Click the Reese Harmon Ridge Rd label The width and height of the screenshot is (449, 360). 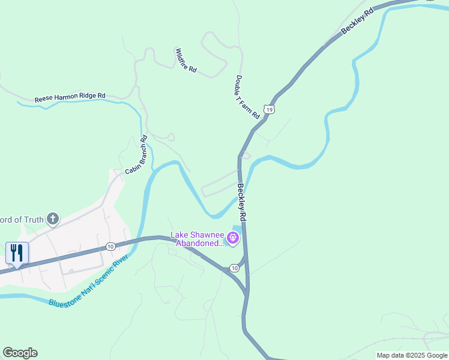pos(70,96)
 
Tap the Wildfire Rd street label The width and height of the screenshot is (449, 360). pos(186,61)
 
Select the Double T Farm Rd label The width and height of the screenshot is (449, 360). pos(247,97)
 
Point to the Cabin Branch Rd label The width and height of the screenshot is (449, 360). pos(136,155)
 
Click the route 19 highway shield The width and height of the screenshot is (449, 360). pos(271,109)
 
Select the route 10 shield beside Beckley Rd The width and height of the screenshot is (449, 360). pos(235,268)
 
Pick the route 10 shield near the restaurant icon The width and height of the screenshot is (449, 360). pos(110,247)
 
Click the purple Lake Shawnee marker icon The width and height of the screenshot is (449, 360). pos(233,239)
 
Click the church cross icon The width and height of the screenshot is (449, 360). pos(53,219)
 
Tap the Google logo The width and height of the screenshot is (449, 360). pos(20,353)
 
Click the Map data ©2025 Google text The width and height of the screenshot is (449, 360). pos(412,355)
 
